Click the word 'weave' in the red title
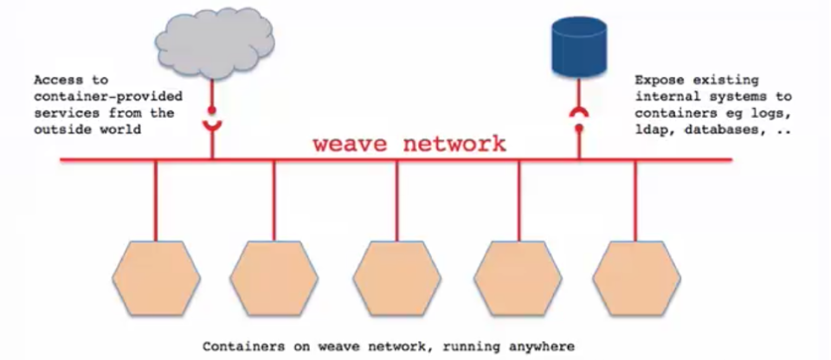pos(351,143)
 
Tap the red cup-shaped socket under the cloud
pos(211,127)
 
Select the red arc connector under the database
pos(578,113)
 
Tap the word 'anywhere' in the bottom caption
pos(541,346)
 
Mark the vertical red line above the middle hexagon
pos(397,199)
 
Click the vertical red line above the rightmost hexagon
pos(636,199)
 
